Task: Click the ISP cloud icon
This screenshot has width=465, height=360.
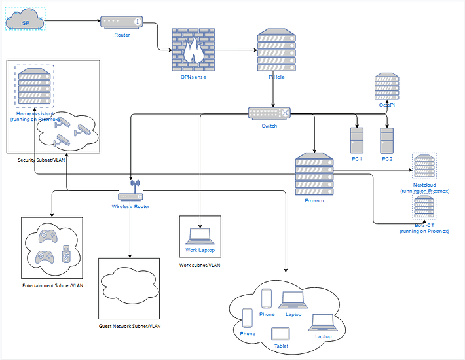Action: pos(24,22)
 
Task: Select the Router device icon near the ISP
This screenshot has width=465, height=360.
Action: pos(121,22)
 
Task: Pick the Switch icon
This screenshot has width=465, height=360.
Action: pos(269,113)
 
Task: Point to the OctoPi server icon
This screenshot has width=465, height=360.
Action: pos(387,86)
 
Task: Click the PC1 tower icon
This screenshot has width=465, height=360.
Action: pos(357,139)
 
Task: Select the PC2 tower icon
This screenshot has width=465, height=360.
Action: pos(387,139)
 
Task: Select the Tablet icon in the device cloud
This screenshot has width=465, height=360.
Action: pos(280,333)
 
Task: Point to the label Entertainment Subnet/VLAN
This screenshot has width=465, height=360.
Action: pos(53,285)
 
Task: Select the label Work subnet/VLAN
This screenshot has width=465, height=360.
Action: pos(200,266)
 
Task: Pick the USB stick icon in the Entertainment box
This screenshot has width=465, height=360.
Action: pos(65,253)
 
